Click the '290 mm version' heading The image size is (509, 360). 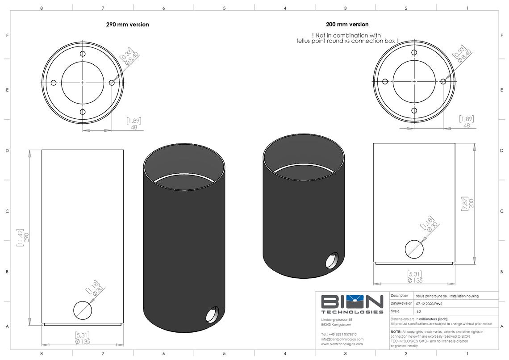127,25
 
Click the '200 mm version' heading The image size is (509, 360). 347,25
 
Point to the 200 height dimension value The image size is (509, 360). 471,203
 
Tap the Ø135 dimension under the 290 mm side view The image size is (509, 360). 83,342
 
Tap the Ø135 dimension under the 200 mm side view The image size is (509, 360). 415,280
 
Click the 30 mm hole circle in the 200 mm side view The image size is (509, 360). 414,249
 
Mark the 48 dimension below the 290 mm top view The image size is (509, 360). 134,127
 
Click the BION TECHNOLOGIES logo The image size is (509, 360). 352,304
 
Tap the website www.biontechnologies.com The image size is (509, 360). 342,344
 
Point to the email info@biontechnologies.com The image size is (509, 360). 342,339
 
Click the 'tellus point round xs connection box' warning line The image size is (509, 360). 347,41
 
